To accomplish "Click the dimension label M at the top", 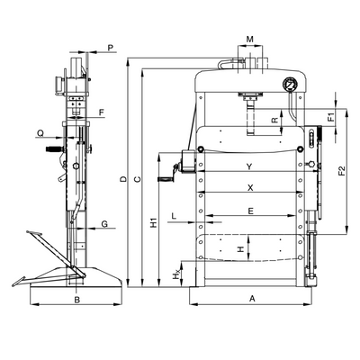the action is point(250,39).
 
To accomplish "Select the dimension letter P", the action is point(111,47).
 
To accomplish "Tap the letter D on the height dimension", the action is point(122,179).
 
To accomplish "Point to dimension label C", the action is point(137,179).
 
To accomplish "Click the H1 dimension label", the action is point(154,222).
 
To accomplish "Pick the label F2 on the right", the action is point(342,171).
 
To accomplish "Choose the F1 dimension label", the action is point(331,117).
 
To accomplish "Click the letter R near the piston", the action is point(274,121).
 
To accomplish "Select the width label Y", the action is point(249,166).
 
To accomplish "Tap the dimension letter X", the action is point(251,188).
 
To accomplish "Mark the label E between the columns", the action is point(251,211).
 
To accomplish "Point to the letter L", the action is point(174,215).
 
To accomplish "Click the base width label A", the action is point(252,298).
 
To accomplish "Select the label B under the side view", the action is point(77,300).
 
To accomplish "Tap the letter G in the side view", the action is point(104,224).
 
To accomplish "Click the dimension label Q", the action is point(40,132).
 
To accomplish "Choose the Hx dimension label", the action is point(177,274).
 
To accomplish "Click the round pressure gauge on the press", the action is point(290,85).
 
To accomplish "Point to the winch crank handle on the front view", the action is point(169,175).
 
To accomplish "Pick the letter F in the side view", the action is point(102,112).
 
